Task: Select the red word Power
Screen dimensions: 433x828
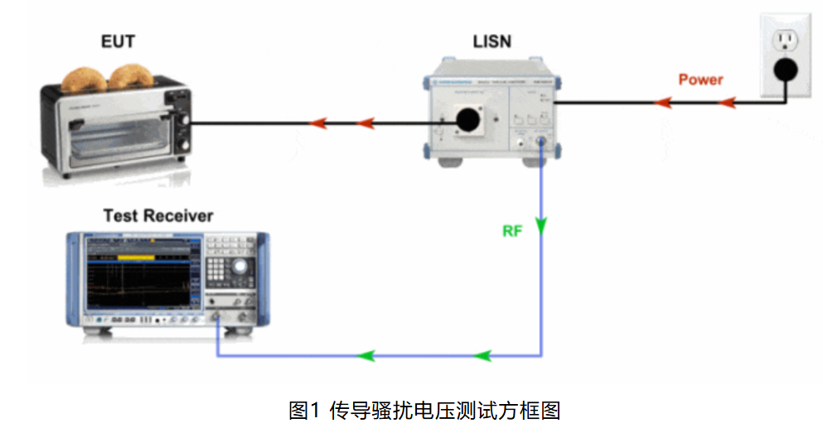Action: pyautogui.click(x=700, y=79)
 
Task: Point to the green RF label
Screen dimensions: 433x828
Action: pyautogui.click(x=512, y=231)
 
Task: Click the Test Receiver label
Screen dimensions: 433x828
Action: pyautogui.click(x=157, y=216)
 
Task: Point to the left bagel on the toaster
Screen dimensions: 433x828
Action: pyautogui.click(x=85, y=78)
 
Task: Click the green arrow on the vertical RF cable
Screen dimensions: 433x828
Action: pyautogui.click(x=542, y=224)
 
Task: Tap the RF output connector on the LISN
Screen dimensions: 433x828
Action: pyautogui.click(x=541, y=142)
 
